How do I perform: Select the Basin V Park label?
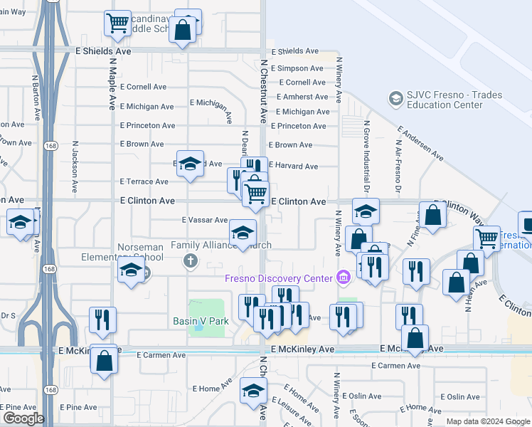tap(201, 321)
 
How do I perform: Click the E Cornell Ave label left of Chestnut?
tap(143, 87)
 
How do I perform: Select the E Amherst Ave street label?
tap(302, 97)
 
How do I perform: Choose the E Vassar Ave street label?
tap(204, 221)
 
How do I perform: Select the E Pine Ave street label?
tap(78, 408)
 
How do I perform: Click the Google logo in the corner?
tap(23, 418)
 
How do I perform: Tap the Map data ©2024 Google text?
tap(488, 421)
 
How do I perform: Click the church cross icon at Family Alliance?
tap(190, 260)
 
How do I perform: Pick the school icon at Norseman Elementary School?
tap(131, 270)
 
